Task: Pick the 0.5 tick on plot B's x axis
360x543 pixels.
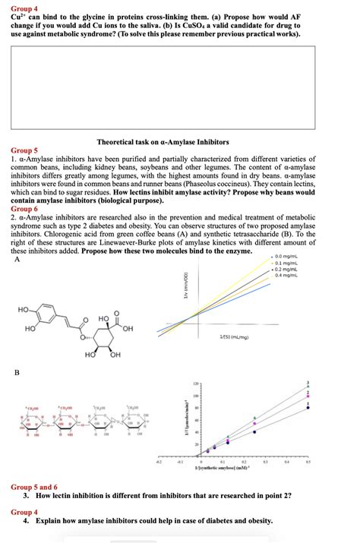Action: tap(308, 460)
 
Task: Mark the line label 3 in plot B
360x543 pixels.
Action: tap(308, 381)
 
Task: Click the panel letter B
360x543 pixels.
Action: tap(17, 373)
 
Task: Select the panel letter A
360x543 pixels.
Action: tap(17, 260)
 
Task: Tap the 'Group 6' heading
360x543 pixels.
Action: tap(24, 208)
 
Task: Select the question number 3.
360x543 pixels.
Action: tap(25, 495)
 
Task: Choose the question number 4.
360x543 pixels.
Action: tap(25, 521)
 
